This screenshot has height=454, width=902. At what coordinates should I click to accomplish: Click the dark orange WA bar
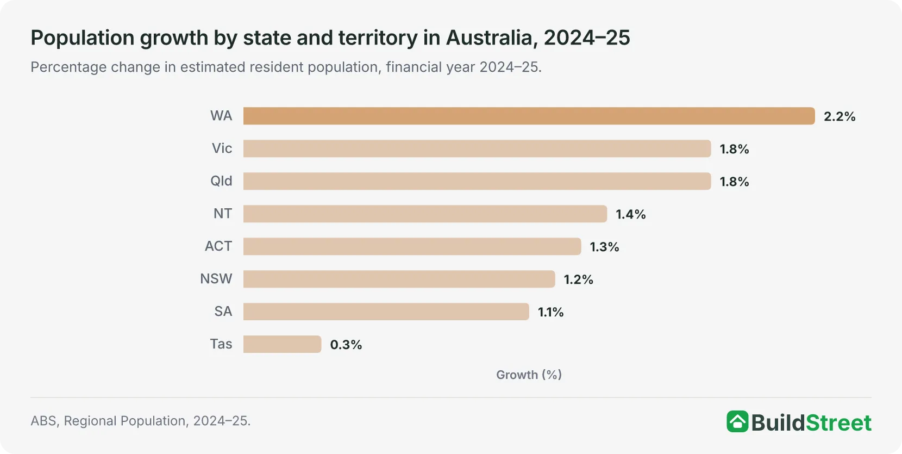[529, 116]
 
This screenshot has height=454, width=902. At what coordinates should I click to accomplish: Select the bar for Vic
[477, 148]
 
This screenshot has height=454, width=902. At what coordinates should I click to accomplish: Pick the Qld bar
[477, 181]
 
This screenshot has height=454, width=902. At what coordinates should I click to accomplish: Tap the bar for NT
[425, 214]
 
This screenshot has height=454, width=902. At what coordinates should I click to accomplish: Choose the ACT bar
[412, 246]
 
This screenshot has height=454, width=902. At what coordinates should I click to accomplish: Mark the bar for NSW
[399, 279]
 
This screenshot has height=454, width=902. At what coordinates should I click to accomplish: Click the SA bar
[386, 312]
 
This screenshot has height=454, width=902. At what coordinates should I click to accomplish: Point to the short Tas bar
[282, 344]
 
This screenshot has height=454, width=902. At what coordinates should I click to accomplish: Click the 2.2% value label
[839, 116]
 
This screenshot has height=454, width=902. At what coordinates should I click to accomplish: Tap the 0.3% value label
[346, 345]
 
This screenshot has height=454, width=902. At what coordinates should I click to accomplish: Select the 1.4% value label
[631, 214]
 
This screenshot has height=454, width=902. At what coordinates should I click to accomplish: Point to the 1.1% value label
[550, 312]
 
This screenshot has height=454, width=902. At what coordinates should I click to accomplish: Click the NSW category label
[216, 279]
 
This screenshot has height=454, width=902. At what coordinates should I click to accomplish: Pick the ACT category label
[218, 246]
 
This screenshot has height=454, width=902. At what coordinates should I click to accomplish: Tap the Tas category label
[221, 344]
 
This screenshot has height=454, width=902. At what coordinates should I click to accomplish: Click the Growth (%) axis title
[529, 375]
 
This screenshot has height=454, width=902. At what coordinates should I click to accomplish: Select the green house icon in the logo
[737, 421]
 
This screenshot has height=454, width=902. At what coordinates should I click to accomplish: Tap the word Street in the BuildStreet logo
[838, 423]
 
